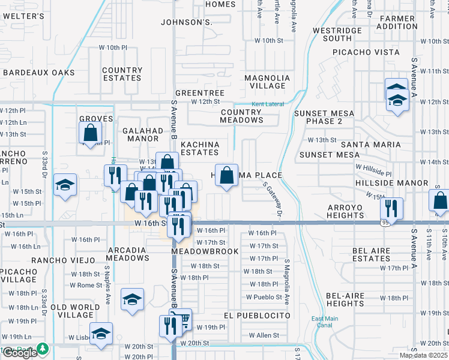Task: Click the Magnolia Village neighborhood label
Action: pos(268,82)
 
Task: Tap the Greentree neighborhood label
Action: pos(199,93)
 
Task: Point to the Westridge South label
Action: pos(337,34)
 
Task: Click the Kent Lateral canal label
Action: pos(267,104)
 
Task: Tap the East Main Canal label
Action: pos(322,322)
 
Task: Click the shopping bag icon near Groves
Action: pos(91,133)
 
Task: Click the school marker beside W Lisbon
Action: pos(101,333)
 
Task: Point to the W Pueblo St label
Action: pos(264,297)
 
